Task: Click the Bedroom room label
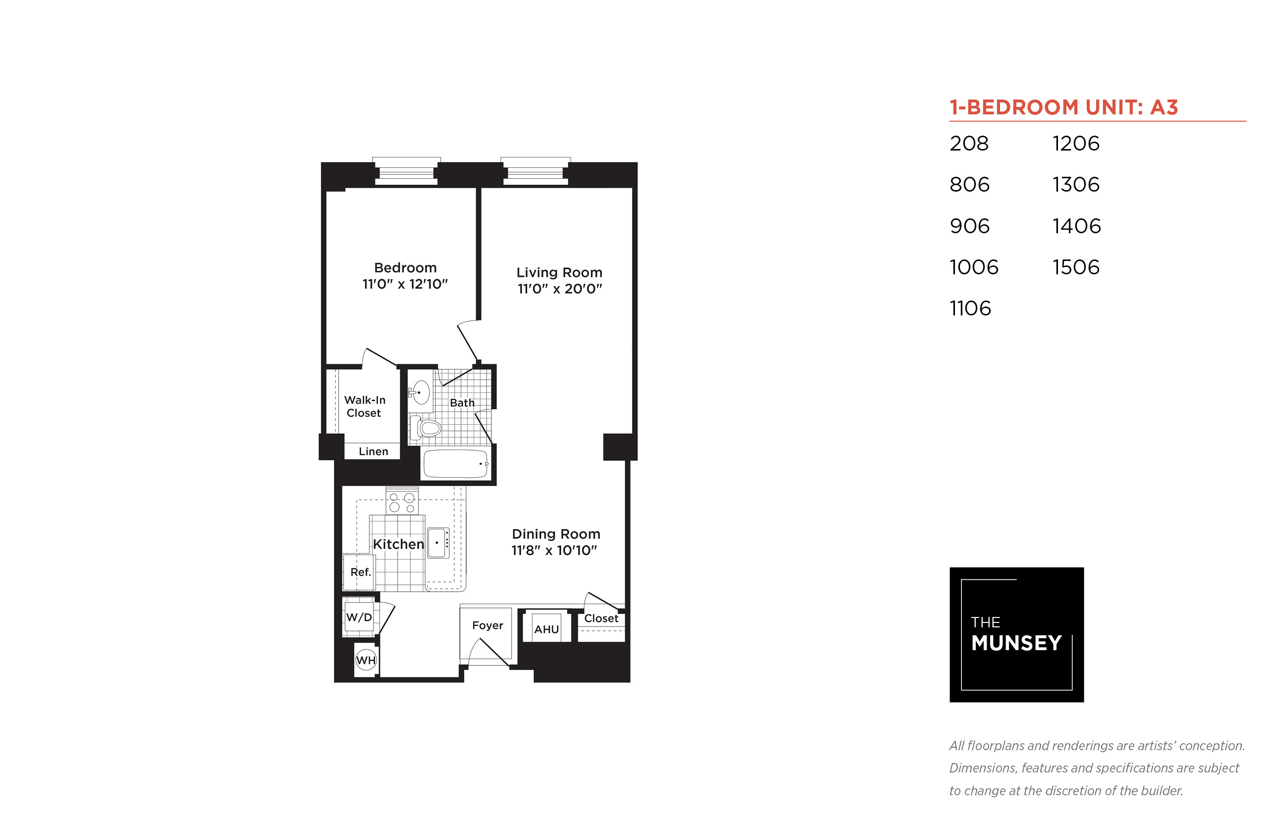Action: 405,267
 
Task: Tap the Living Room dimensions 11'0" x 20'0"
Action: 560,289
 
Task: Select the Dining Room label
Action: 556,534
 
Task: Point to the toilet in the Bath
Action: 425,428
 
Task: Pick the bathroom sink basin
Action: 421,393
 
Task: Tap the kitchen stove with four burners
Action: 402,502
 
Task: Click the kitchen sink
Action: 438,543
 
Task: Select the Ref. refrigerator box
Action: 359,572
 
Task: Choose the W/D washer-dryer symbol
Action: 359,617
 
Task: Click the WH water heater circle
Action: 366,660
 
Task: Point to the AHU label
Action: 546,630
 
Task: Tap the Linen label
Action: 373,452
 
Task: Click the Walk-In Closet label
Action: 365,407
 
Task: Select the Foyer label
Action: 487,625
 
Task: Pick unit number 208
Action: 969,144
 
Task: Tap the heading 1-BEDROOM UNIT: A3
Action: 1064,107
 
